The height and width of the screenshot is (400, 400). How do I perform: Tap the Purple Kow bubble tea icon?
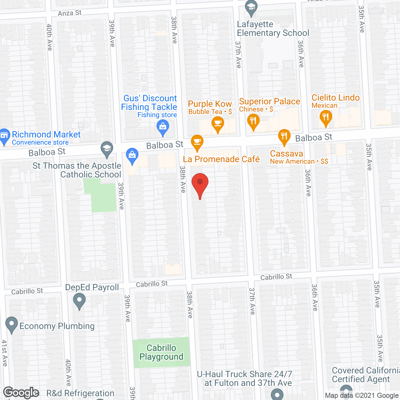click(218, 124)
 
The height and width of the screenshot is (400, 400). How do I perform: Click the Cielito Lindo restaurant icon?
click(326, 118)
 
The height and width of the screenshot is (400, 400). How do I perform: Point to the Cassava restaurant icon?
click(284, 137)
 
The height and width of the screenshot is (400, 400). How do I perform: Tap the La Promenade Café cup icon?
click(197, 142)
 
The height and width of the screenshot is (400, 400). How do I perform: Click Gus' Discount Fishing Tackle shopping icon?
click(162, 127)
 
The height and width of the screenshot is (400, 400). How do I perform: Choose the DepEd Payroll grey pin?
click(79, 302)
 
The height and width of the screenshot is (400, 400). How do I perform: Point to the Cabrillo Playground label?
click(161, 352)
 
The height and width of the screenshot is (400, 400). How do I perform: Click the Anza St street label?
click(70, 13)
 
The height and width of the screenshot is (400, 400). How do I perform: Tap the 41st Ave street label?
click(4, 353)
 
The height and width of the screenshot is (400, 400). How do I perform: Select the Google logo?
click(21, 392)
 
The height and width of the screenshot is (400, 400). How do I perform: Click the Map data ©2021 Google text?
click(362, 396)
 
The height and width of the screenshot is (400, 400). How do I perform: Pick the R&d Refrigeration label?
click(80, 393)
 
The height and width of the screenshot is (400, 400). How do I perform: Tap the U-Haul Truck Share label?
click(245, 378)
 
